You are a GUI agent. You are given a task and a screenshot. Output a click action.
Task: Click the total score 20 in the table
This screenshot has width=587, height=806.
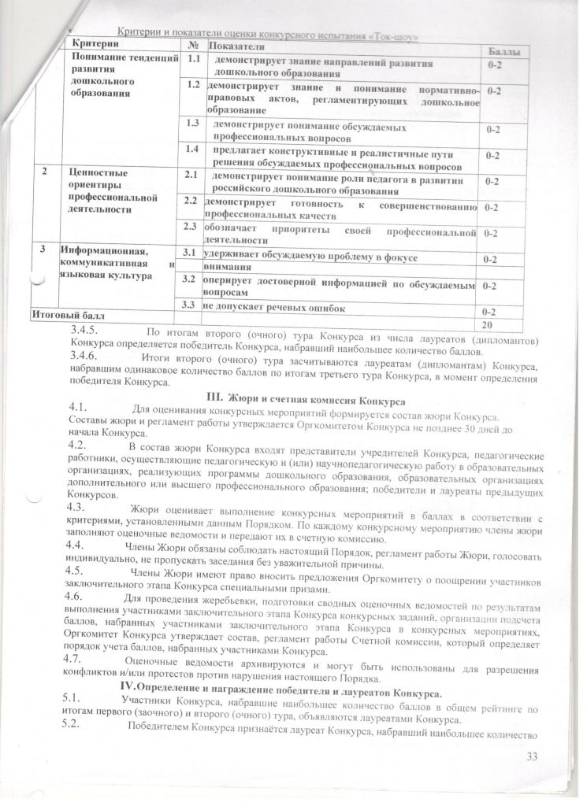489,325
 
